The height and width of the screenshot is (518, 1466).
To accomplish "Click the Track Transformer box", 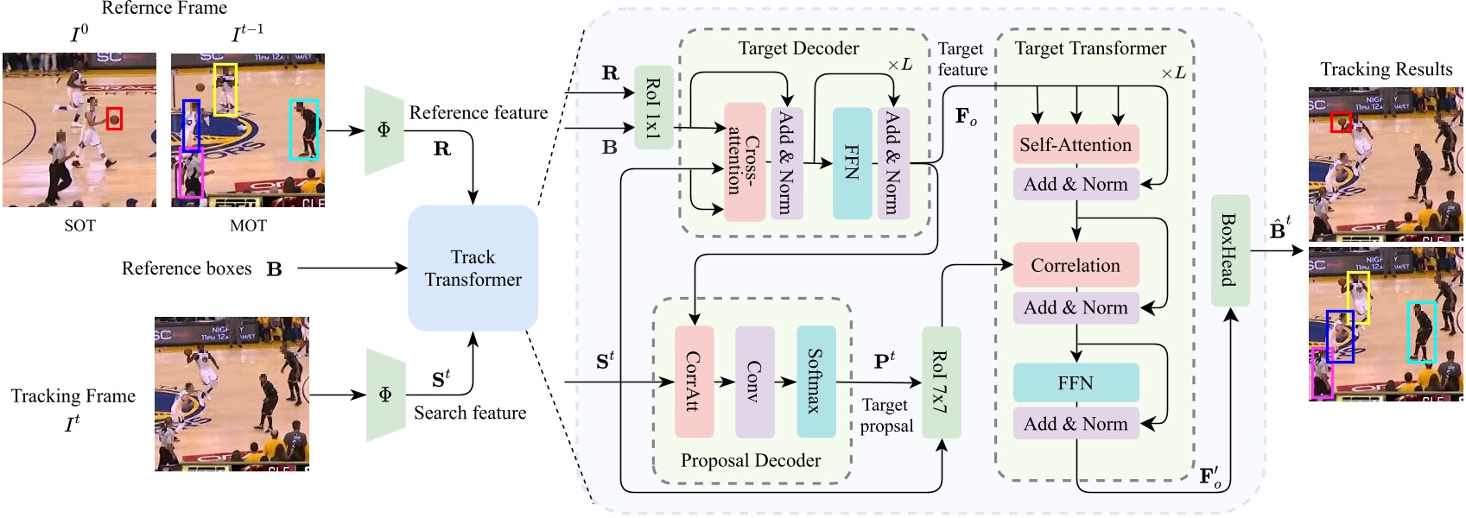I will coord(473,268).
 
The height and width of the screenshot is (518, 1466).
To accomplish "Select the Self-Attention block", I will coord(1076,145).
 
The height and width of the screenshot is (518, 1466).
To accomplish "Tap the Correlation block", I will coord(1076,266).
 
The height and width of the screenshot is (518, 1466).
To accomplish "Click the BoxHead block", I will coord(1230,250).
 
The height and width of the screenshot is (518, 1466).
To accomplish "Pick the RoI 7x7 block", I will coord(941,382).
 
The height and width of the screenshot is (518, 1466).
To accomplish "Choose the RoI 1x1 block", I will coord(653,108).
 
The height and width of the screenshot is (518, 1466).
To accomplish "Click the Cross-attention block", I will coord(744,162).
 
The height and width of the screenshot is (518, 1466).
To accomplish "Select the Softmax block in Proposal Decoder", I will coord(816,382).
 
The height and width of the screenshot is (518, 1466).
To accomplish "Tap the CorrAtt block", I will coord(694,382).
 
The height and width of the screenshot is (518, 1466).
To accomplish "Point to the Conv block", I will coord(754,382).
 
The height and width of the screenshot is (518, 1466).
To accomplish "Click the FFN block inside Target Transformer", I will coord(1076,382).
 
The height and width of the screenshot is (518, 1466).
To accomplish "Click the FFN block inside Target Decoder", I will coord(852,162).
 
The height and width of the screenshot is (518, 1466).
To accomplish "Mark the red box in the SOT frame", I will coord(114,119).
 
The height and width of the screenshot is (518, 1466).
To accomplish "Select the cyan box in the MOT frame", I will coord(303,129).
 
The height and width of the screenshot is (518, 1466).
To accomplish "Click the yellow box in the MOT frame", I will coord(225,89).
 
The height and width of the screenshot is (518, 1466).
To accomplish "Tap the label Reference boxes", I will coord(187,268).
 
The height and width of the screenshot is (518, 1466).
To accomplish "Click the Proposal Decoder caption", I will coord(751,461).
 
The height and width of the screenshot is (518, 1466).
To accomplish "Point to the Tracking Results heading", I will coord(1386,70).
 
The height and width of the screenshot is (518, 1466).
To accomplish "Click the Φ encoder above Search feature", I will coord(385,395).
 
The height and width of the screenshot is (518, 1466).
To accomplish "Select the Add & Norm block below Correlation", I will coord(1076,307).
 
